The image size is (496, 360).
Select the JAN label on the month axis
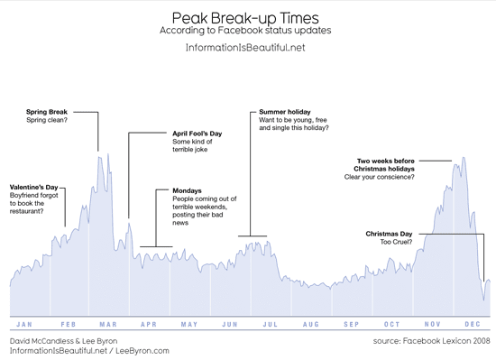coord(26,323)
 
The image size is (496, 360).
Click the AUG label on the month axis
coord(310,323)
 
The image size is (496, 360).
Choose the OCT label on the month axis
coord(391,323)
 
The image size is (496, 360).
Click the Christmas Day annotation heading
coord(389,234)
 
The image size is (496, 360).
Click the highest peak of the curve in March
coord(100,155)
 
